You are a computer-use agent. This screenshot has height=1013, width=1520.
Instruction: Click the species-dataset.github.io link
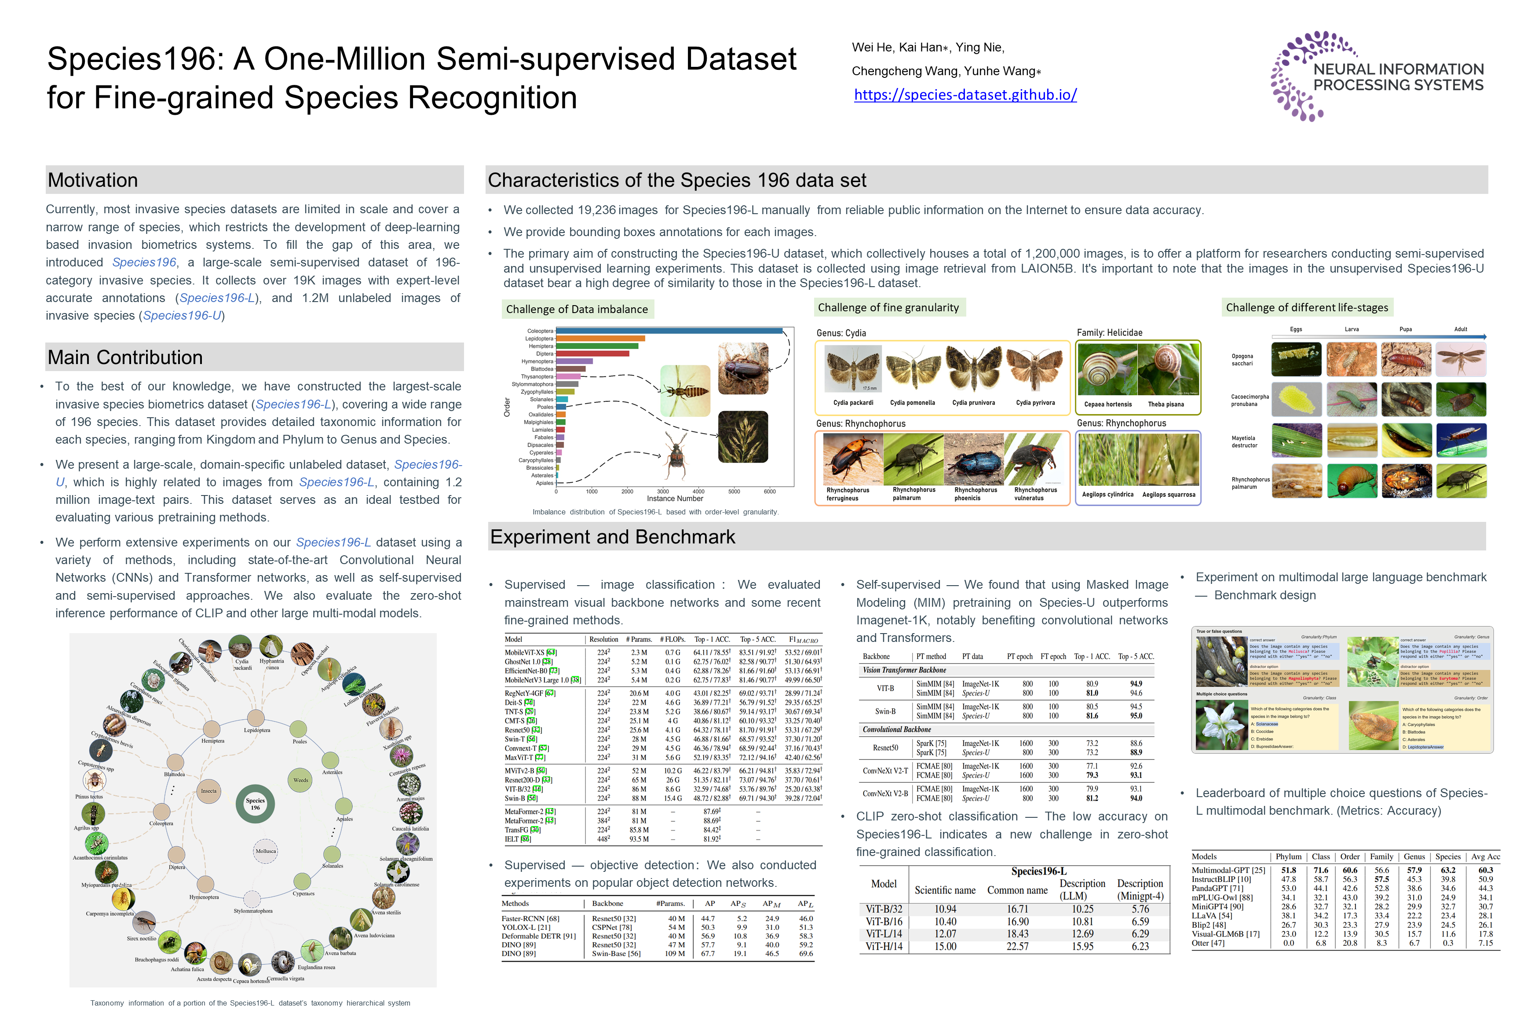click(965, 95)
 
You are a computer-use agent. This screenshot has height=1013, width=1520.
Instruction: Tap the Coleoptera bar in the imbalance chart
click(669, 331)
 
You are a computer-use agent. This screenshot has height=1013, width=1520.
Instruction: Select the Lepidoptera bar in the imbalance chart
click(600, 339)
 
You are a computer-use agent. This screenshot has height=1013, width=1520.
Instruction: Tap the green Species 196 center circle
click(255, 804)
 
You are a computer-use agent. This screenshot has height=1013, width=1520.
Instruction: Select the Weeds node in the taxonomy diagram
click(300, 780)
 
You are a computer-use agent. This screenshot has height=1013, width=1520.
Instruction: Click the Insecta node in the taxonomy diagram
click(209, 791)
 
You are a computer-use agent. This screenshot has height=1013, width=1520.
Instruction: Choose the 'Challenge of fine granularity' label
click(888, 307)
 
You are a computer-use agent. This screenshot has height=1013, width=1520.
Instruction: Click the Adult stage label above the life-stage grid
click(1461, 329)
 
